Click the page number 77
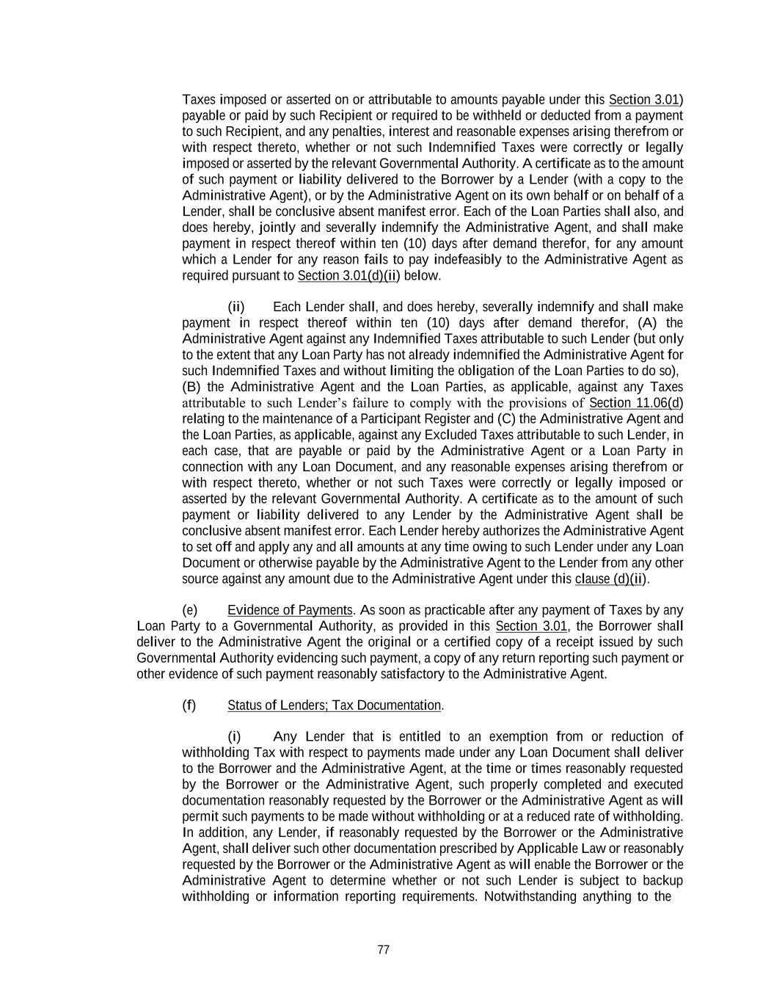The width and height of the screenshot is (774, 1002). pyautogui.click(x=383, y=950)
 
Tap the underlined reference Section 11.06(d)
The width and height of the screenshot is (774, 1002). pyautogui.click(x=636, y=403)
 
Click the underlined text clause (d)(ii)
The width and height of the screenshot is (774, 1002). pyautogui.click(x=611, y=578)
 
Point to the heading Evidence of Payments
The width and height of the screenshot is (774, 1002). pyautogui.click(x=290, y=610)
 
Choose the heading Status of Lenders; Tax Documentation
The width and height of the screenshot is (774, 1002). pyautogui.click(x=335, y=705)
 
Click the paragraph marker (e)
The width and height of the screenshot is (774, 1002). pyautogui.click(x=190, y=610)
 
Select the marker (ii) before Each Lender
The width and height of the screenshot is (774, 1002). pyautogui.click(x=236, y=307)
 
